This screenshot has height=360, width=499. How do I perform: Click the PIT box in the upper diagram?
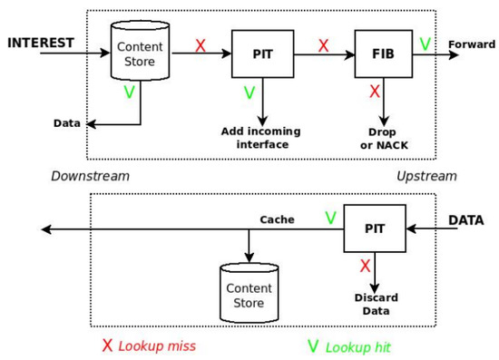coord(263,54)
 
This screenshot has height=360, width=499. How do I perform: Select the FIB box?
coord(382,54)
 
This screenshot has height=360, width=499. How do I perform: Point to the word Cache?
coord(277,219)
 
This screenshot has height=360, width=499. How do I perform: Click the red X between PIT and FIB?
coord(322,43)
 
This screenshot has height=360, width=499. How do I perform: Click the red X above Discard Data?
coord(364,265)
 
